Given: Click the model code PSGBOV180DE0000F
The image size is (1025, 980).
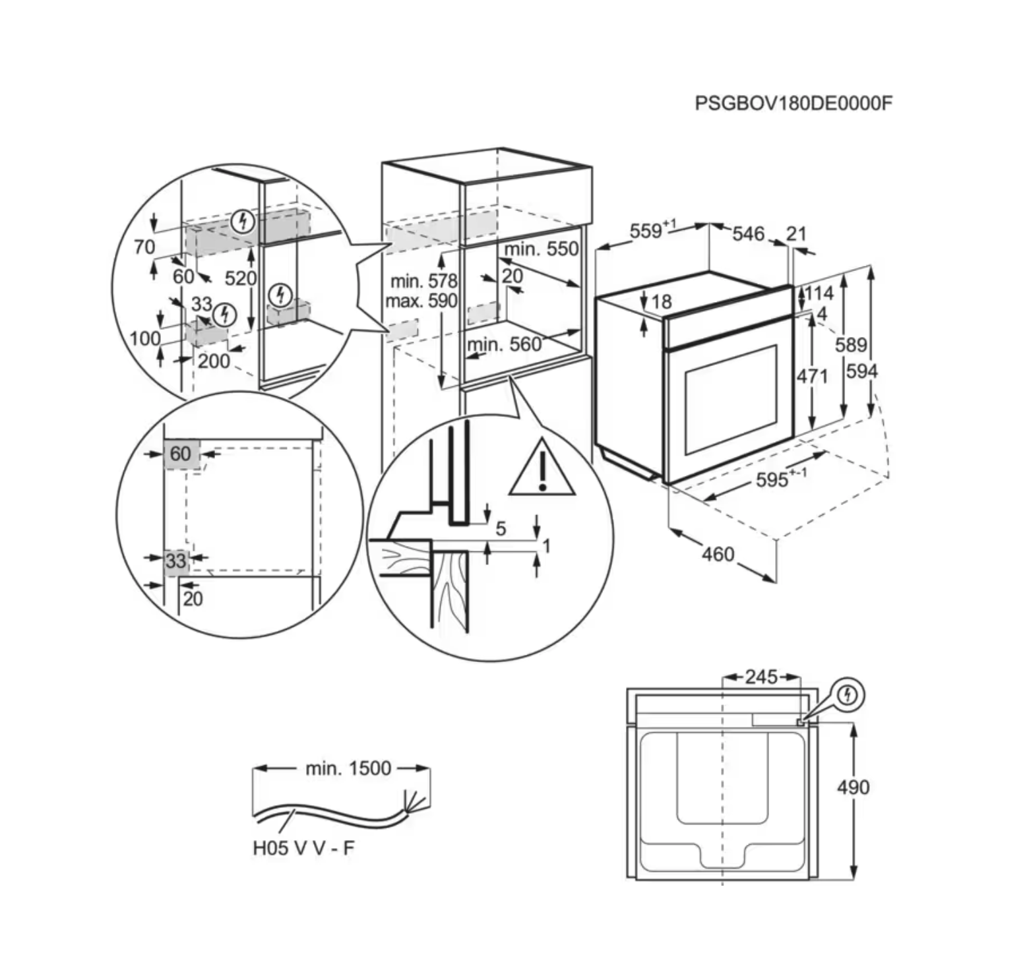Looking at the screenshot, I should click(x=793, y=104).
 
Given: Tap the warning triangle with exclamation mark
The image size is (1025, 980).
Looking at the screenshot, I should click(x=542, y=469).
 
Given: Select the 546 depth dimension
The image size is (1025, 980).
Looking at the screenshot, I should click(x=748, y=233).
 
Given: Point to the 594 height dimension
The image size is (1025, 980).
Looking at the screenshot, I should click(x=861, y=371).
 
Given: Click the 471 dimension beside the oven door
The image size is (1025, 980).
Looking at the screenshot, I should click(x=811, y=376).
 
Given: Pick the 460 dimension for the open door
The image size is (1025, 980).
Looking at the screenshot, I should click(x=718, y=553).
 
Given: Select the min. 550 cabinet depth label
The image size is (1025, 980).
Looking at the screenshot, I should click(x=541, y=249).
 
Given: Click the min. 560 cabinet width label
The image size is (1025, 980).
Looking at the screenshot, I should click(x=504, y=344).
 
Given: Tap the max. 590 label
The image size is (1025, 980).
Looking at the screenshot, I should click(x=421, y=301).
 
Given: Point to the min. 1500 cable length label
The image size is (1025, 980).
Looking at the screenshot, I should click(x=348, y=768).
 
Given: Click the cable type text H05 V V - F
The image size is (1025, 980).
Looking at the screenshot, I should click(x=303, y=848).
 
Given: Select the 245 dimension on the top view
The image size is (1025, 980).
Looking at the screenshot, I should click(x=761, y=677).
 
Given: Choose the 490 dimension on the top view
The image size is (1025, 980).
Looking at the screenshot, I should click(x=853, y=787).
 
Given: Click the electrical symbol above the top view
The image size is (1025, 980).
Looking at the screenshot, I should click(x=849, y=694).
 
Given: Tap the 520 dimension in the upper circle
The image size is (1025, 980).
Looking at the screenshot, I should click(x=239, y=278).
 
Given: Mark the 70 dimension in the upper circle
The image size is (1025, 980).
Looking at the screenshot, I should click(x=144, y=247).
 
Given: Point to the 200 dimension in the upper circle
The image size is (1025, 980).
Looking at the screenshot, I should click(x=214, y=361).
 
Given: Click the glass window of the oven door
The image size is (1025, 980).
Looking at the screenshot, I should click(x=731, y=400).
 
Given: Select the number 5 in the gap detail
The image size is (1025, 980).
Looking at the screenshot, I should click(x=501, y=528).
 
